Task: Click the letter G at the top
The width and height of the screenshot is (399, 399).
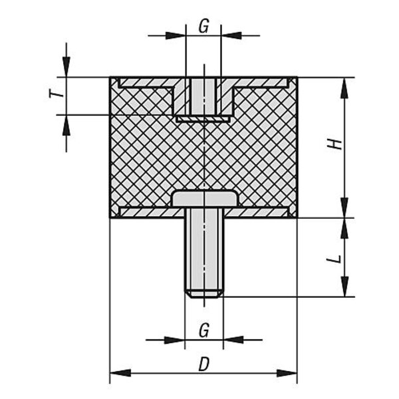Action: (204, 26)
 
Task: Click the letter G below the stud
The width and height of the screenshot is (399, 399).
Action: (204, 331)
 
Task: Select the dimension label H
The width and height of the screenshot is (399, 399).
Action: (334, 144)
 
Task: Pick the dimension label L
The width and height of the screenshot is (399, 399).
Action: (334, 259)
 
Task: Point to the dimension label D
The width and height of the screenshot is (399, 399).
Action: (204, 364)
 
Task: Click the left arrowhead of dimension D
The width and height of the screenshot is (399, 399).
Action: (120, 373)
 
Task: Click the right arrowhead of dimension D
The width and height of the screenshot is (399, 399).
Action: (287, 373)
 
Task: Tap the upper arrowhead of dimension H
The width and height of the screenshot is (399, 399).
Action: (344, 88)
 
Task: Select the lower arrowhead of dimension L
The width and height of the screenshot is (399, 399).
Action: (344, 287)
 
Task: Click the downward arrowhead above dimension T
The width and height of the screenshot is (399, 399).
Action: (66, 66)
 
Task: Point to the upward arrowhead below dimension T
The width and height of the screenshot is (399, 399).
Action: (66, 125)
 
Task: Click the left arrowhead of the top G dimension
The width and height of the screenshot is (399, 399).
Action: (176, 35)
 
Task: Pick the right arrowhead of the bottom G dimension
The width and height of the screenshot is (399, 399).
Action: (233, 339)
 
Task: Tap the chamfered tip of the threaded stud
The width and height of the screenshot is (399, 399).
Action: (204, 294)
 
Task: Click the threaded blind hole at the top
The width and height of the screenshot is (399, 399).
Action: (203, 96)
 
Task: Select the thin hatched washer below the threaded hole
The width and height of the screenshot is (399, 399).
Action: (203, 119)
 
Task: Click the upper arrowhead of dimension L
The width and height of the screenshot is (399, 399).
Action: (344, 228)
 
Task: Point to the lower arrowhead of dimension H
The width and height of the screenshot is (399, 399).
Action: (344, 207)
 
